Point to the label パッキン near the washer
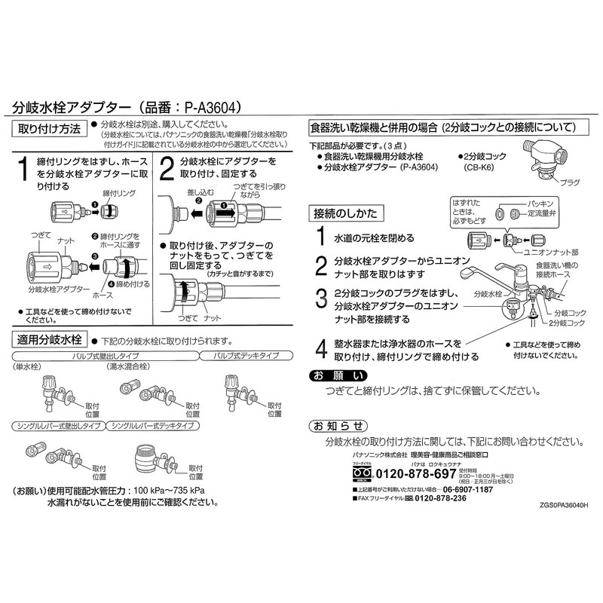[x=541, y=204]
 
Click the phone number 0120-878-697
[x=415, y=474]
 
